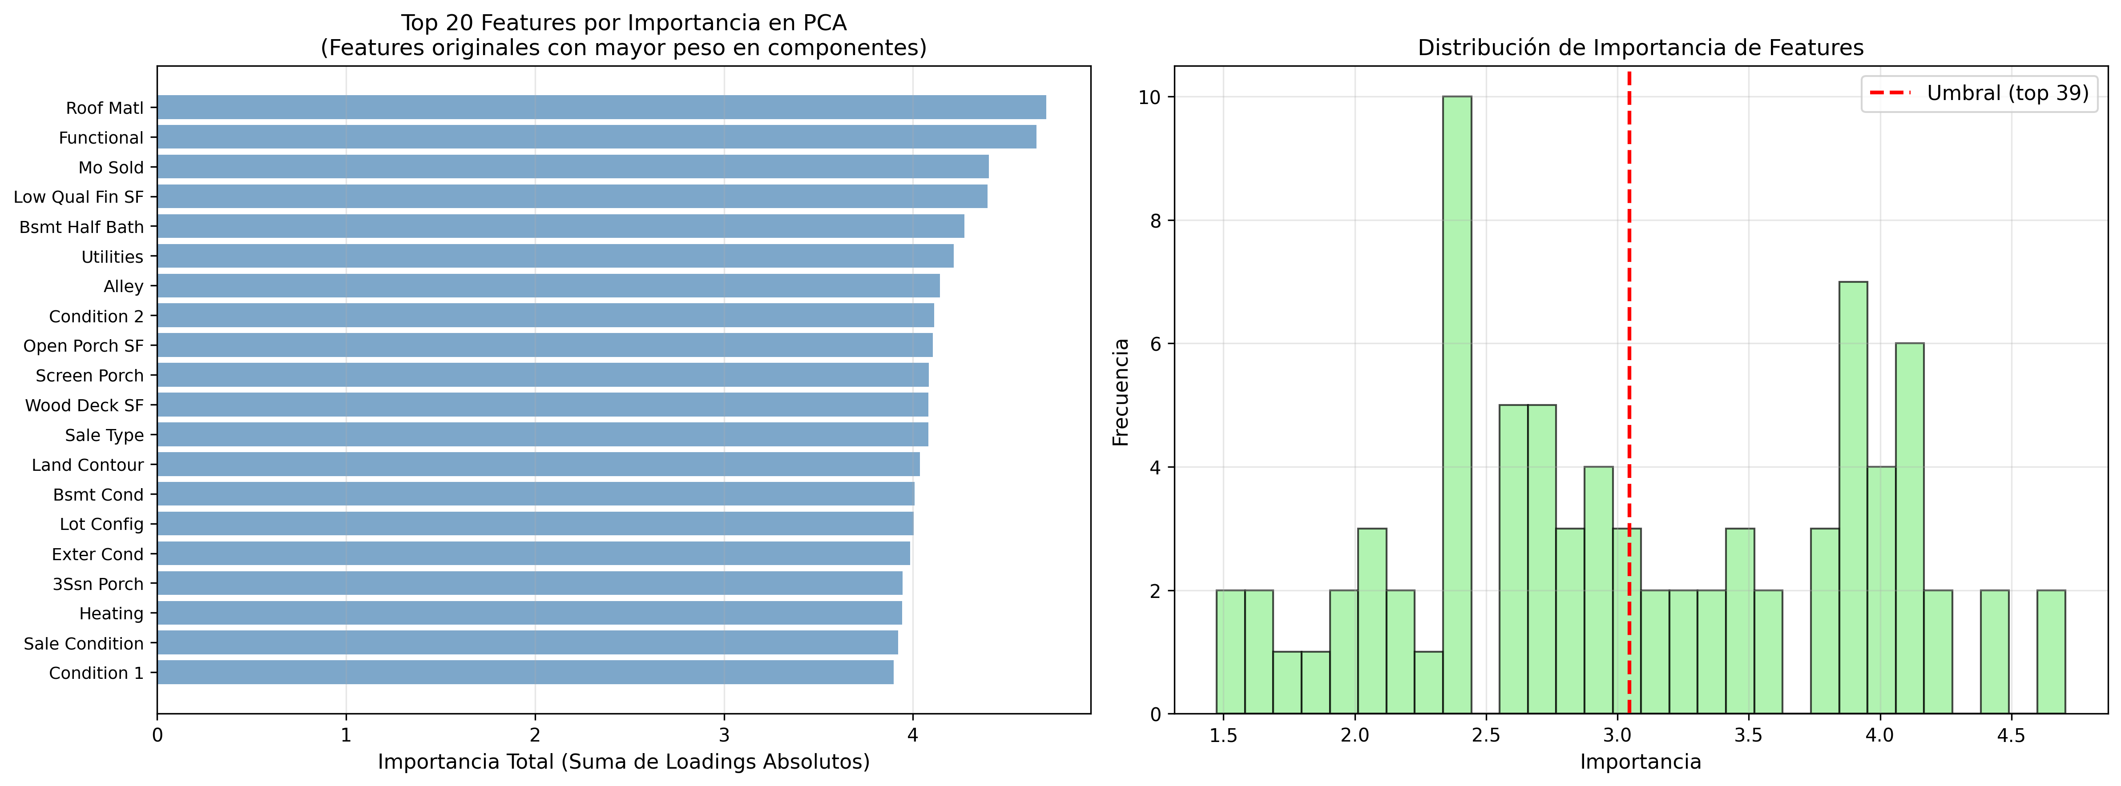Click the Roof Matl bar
[x=601, y=107]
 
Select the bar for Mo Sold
[x=572, y=167]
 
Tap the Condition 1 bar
[x=525, y=673]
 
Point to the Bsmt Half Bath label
[x=81, y=227]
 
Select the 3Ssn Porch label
[x=98, y=584]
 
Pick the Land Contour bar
[x=539, y=464]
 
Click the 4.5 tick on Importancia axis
[x=2011, y=735]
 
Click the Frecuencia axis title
[x=1121, y=392]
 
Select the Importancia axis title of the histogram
[x=1640, y=762]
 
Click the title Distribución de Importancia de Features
[x=1640, y=48]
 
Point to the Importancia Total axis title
[x=623, y=762]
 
